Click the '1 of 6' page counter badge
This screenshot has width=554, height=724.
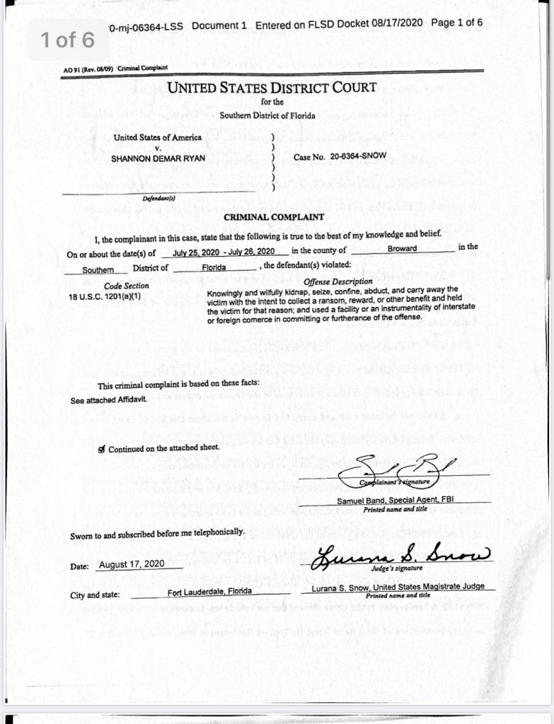tap(67, 40)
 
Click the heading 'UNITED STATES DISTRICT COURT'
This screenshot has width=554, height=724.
tap(272, 88)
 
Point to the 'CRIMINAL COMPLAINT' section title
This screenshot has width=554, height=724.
tap(273, 216)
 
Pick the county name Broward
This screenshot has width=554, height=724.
tap(402, 249)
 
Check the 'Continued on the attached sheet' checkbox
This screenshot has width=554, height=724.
tap(103, 448)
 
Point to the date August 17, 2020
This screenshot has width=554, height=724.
tap(132, 565)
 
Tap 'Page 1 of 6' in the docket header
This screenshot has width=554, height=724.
tap(456, 23)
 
